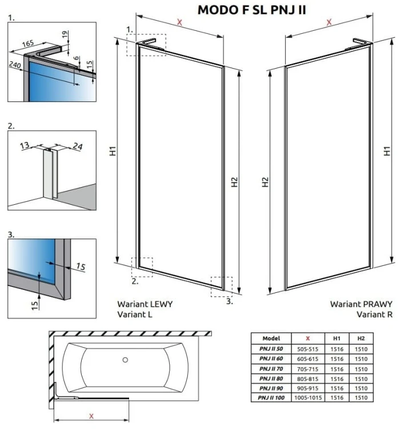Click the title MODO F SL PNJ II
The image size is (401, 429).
tap(251, 10)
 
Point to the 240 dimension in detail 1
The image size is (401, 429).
tap(15, 65)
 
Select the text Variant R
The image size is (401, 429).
tap(374, 314)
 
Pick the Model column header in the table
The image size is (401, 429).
tap(270, 338)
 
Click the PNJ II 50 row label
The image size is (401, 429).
tap(270, 348)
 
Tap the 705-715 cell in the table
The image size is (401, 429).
tap(308, 368)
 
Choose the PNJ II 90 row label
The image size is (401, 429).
tap(270, 387)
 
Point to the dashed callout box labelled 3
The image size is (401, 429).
tap(221, 287)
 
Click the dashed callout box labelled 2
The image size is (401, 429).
tap(142, 267)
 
